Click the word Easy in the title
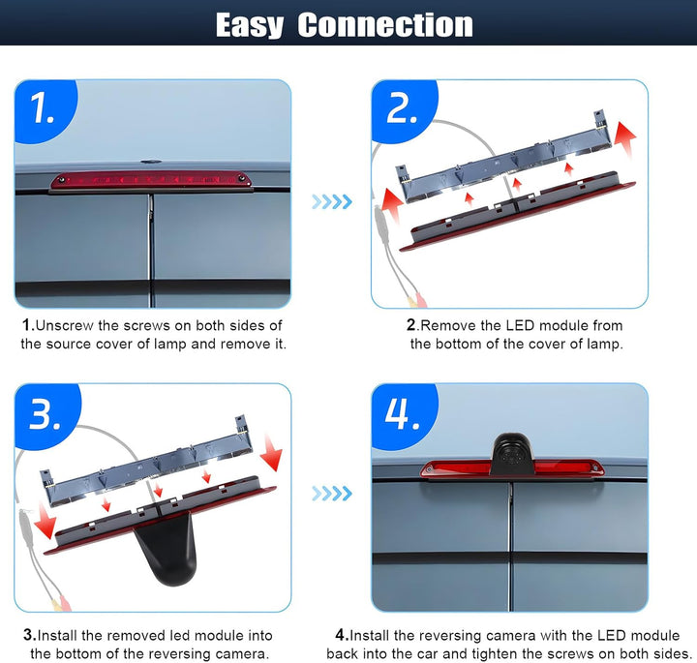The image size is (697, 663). [x=250, y=25]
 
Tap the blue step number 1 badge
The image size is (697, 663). [x=45, y=109]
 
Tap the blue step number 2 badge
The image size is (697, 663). [x=404, y=109]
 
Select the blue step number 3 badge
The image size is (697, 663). [x=46, y=415]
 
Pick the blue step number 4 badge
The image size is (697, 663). [x=404, y=415]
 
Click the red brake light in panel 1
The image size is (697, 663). [x=151, y=181]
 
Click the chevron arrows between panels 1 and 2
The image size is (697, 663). [x=332, y=201]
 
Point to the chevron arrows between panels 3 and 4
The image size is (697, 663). [x=332, y=494]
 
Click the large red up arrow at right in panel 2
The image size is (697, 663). [x=625, y=137]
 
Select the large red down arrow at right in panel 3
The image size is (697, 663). [x=272, y=453]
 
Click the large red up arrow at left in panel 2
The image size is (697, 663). [x=393, y=205]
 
